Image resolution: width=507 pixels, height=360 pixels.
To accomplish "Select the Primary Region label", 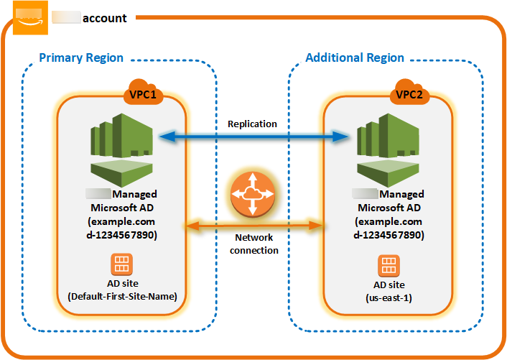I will pos(81,57).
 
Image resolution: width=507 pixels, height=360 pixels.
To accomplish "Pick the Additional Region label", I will pos(355,57).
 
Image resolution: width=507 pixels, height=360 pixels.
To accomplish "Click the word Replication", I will pos(252,124).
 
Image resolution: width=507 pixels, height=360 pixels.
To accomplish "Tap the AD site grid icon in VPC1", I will pos(121,262).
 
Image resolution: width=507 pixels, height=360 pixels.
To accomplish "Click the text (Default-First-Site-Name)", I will pos(121,296).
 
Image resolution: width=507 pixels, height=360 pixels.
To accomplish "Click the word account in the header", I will pos(104,18).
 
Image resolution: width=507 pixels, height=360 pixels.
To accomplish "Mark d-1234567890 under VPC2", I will pos(388,235).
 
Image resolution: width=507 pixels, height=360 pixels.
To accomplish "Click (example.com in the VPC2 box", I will pos(388,221).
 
